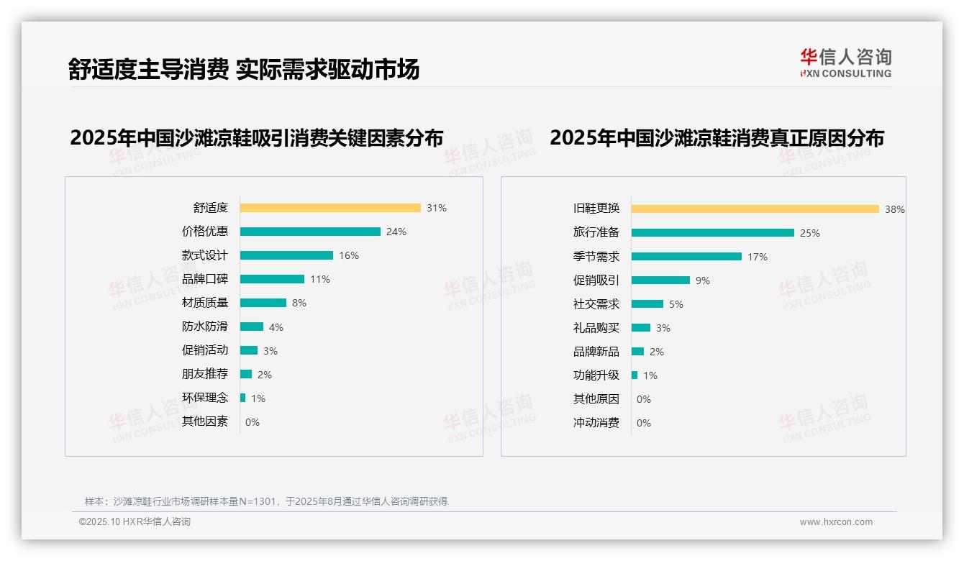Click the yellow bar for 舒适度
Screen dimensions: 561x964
pos(330,208)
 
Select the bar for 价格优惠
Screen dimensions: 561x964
pos(310,232)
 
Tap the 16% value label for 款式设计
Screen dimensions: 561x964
pos(349,255)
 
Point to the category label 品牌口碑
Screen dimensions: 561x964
pos(205,279)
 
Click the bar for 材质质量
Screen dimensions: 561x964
pos(263,303)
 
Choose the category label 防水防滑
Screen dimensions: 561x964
pos(205,327)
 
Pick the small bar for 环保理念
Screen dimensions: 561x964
pos(243,398)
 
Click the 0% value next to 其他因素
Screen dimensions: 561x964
pos(253,422)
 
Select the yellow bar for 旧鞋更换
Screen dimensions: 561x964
pos(755,209)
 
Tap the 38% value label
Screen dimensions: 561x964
pos(895,209)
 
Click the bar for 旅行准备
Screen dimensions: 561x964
pos(713,232)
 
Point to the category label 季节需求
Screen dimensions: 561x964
pos(596,256)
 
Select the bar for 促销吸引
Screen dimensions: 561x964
pos(660,280)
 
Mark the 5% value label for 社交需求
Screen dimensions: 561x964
pos(676,304)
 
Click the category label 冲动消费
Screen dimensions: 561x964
pos(596,423)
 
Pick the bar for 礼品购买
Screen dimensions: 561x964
pos(641,327)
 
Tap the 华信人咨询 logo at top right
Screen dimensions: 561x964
pos(845,63)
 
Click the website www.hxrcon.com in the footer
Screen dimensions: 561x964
pos(836,522)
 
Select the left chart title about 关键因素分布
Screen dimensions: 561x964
pos(257,137)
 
